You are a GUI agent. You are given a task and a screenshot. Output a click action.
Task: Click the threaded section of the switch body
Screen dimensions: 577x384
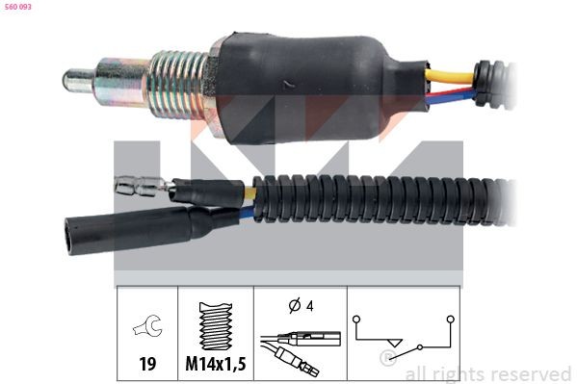[178, 86]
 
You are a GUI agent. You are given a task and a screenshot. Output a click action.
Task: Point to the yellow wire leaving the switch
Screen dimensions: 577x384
[450, 75]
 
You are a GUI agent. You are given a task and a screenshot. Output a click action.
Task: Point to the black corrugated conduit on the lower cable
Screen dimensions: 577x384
[379, 199]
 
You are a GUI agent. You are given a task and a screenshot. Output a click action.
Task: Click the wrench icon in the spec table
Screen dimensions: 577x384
[148, 325]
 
